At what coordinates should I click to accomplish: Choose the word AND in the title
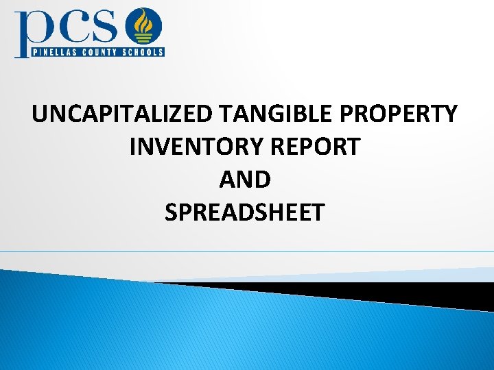245,180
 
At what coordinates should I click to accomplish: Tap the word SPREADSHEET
244,212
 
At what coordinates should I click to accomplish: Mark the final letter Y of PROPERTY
449,114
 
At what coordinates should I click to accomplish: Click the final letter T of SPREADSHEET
317,212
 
